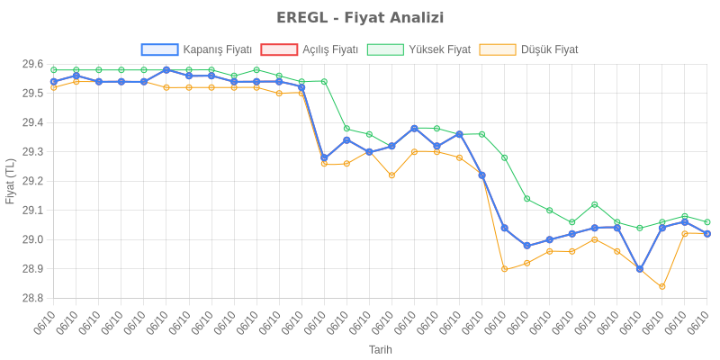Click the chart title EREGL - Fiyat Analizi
(360, 18)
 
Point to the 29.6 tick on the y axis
(32, 64)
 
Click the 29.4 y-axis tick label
(32, 122)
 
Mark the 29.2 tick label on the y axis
(32, 181)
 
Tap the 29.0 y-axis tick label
(32, 239)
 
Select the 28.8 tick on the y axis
(32, 298)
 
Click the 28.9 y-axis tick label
(32, 269)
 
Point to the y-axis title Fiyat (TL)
(11, 181)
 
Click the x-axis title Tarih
(380, 349)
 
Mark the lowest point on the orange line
(662, 286)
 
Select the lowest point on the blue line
(640, 268)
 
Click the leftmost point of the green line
(54, 69)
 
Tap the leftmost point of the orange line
(54, 87)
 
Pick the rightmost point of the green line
(707, 221)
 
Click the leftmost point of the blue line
(54, 81)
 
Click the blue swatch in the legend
(159, 49)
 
